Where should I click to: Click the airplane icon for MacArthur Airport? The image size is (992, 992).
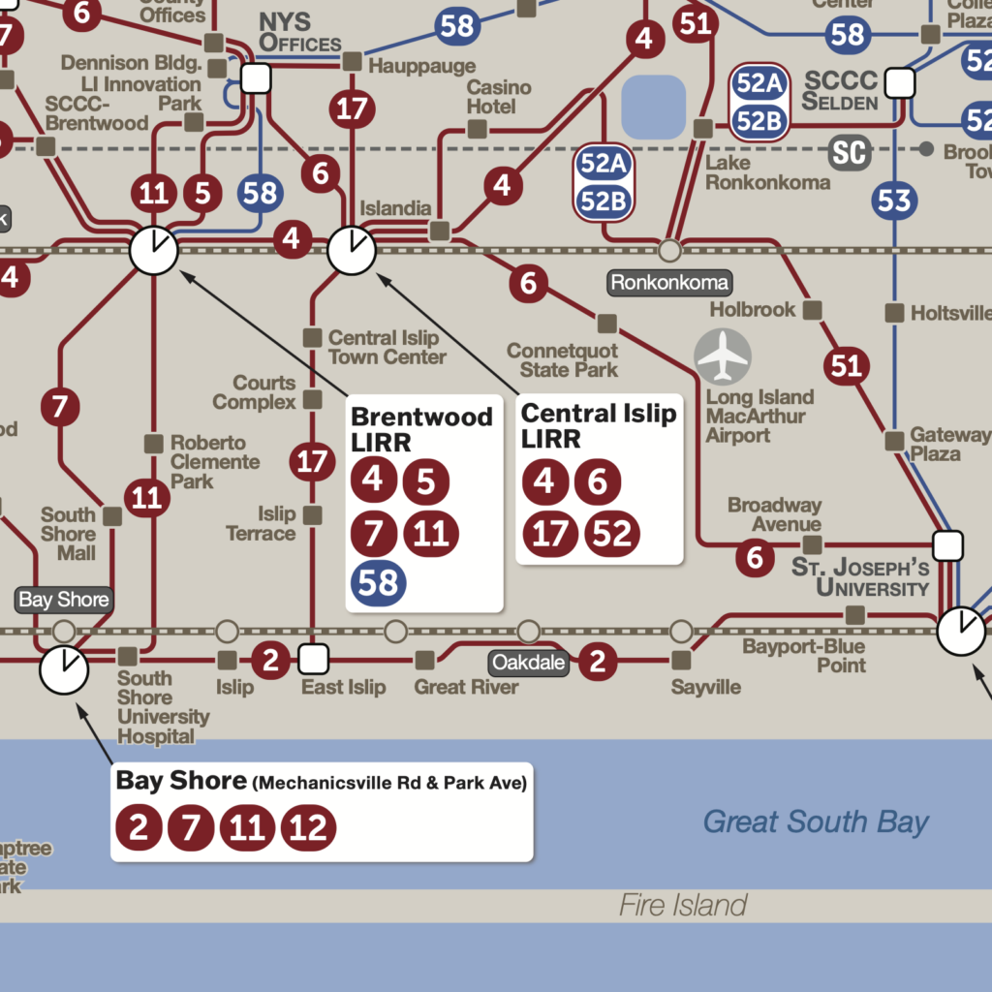723,356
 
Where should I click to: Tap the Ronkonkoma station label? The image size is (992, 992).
669,283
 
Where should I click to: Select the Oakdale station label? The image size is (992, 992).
528,664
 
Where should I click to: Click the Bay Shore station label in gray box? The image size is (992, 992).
64,600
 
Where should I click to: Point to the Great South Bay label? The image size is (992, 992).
816,822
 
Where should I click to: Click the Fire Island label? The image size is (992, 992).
683,906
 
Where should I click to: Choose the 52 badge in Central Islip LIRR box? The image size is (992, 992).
611,534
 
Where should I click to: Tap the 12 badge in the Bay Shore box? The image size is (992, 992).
309,829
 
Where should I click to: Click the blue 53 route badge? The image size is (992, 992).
894,201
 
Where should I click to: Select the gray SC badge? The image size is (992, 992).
850,152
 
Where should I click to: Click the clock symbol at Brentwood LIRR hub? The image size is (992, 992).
154,251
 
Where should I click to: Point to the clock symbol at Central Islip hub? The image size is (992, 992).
352,251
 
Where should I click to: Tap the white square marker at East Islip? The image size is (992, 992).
312,660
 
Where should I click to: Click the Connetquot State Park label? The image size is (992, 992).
562,359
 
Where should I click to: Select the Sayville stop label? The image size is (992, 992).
705,687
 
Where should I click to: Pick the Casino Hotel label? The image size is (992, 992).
499,95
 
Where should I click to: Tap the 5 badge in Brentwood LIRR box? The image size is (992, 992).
426,481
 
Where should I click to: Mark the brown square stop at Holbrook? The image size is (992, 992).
814,310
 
